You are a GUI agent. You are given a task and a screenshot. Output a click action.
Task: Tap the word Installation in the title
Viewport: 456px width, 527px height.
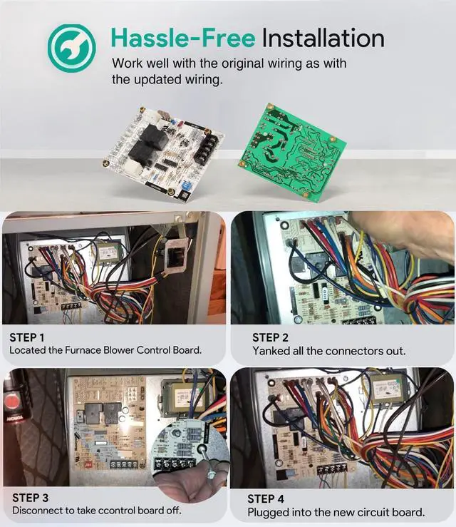coord(323,37)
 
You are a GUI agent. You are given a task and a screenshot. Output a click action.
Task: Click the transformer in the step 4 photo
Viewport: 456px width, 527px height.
coord(389,389)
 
